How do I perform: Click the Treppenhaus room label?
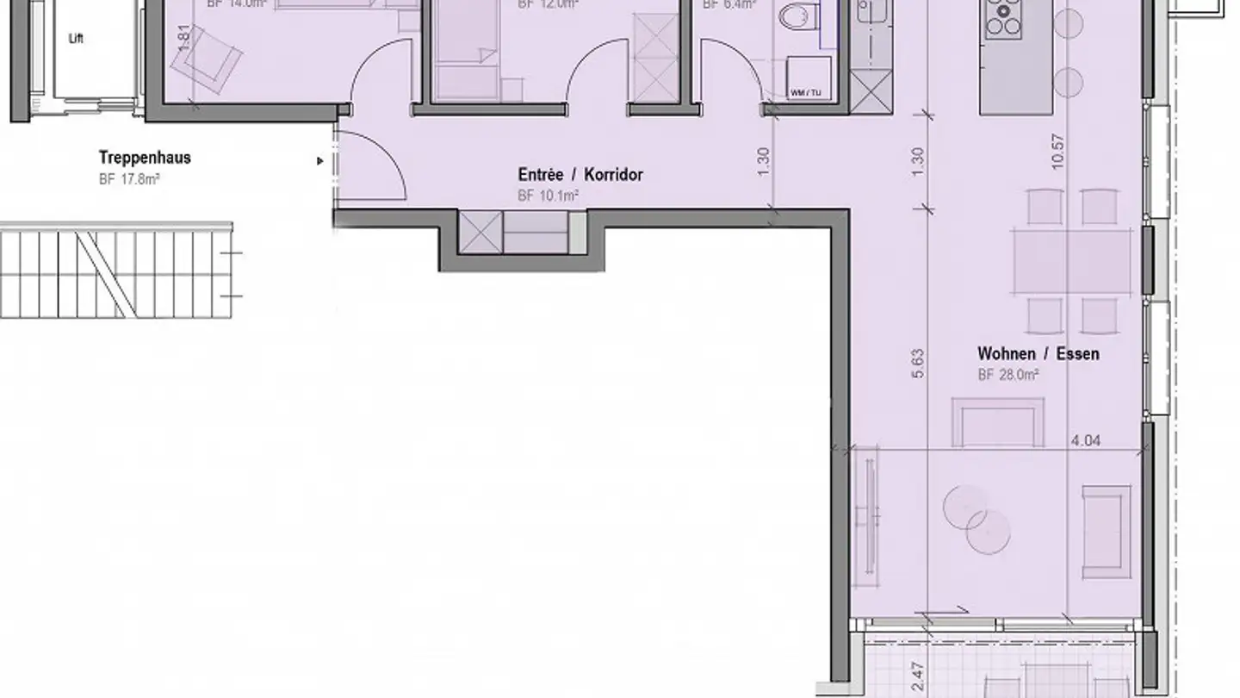tap(145, 158)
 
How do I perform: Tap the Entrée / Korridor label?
tap(580, 175)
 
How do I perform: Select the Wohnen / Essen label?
tap(1038, 353)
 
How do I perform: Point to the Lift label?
tap(77, 39)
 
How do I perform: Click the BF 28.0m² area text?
tap(1008, 375)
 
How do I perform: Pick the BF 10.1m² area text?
tap(548, 196)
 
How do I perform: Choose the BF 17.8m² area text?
tap(130, 179)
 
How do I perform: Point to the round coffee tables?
tap(977, 520)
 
